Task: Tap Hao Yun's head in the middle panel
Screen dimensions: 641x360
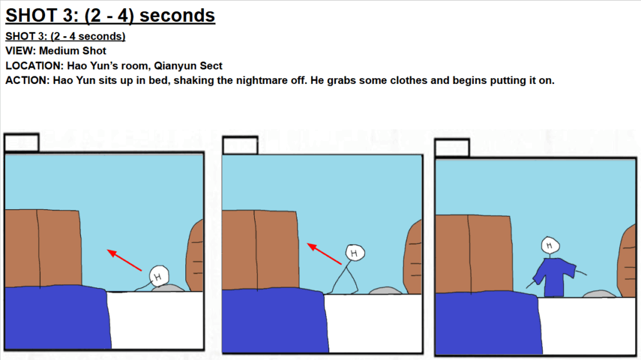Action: (x=354, y=253)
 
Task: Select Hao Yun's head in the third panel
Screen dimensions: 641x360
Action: (x=550, y=245)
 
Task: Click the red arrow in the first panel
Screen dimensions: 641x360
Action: (x=125, y=260)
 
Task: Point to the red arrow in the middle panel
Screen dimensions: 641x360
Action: (x=324, y=254)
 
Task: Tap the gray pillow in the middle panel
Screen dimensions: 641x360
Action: (x=385, y=291)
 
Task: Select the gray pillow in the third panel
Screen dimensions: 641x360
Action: (x=599, y=294)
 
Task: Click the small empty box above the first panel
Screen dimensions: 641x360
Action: (x=22, y=143)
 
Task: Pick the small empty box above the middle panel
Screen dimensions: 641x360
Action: (x=240, y=146)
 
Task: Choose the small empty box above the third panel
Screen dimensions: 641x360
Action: (x=452, y=148)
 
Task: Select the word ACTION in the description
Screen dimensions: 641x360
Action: (x=26, y=80)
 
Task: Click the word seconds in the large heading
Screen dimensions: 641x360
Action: (x=177, y=16)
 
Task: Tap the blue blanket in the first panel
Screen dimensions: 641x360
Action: (x=57, y=317)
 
